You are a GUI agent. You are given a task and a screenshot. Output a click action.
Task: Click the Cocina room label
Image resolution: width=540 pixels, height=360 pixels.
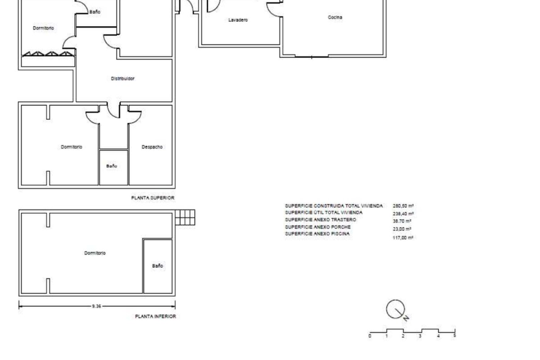tap(335, 18)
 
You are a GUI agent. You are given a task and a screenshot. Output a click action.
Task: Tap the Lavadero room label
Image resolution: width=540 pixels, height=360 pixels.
tap(238, 20)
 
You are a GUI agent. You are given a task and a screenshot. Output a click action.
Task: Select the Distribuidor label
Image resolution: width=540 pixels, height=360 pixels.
tap(122, 79)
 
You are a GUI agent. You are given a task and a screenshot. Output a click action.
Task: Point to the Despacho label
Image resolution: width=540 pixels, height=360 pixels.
tap(152, 147)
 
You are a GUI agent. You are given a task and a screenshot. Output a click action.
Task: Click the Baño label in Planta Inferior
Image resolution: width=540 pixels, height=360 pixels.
tap(157, 265)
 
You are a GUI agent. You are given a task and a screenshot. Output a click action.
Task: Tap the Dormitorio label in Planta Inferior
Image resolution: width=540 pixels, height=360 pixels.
tap(95, 253)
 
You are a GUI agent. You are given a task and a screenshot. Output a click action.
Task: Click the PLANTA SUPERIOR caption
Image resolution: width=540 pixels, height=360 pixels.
tap(153, 198)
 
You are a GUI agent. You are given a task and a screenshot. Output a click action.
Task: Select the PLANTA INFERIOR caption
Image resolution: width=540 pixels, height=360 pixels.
tap(156, 316)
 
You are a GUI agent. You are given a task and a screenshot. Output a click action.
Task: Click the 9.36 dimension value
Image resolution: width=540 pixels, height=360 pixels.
tap(96, 306)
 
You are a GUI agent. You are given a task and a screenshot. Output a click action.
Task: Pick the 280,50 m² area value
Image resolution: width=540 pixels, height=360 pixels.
tap(403, 206)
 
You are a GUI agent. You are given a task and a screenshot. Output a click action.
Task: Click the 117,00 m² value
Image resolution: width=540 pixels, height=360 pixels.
tap(403, 238)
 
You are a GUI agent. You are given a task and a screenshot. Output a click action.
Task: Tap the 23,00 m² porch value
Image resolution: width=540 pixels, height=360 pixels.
tap(402, 229)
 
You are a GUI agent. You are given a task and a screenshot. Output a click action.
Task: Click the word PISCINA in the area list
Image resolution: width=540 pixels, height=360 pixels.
tap(340, 234)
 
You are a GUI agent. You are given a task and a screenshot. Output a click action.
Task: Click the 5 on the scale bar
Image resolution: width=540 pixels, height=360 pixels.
tap(454, 335)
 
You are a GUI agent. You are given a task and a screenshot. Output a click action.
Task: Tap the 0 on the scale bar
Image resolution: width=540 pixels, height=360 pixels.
tap(370, 336)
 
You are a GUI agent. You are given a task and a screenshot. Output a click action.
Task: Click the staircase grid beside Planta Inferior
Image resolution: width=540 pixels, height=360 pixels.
tap(185, 217)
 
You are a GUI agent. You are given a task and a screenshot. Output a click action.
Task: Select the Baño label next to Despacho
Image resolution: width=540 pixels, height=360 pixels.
tap(112, 166)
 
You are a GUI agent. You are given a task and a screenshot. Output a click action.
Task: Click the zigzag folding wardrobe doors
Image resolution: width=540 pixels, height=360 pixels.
tap(49, 54)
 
